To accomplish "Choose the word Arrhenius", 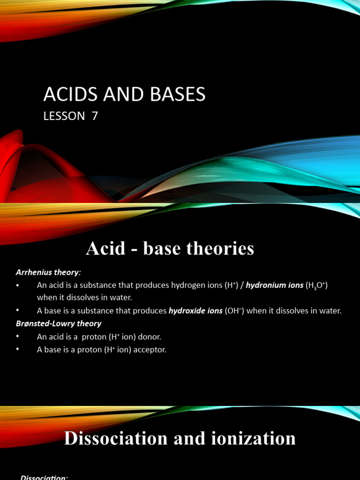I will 32,272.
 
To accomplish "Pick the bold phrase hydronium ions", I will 275,285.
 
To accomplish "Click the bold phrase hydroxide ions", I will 195,311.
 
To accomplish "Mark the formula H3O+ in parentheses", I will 316,285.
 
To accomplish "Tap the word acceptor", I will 150,350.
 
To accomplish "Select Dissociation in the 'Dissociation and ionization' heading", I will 108,438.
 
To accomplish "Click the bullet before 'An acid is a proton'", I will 18,337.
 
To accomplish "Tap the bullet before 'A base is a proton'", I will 18,350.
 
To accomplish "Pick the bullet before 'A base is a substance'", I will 18,311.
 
